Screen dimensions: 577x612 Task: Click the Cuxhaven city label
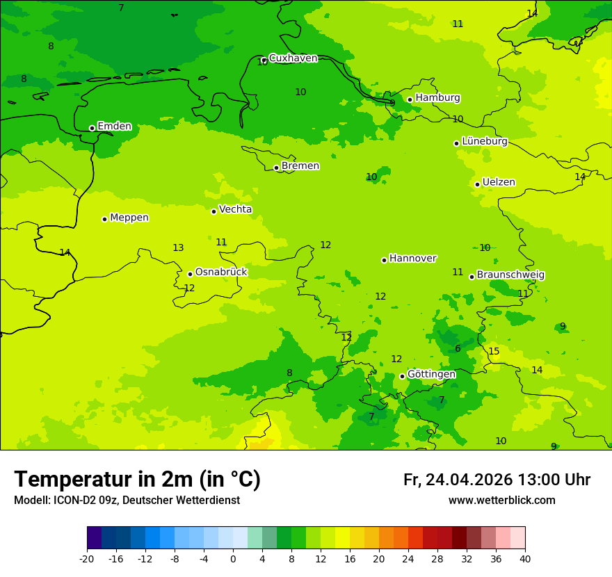coord(293,58)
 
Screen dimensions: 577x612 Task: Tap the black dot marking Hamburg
coord(410,99)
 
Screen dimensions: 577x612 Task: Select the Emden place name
coord(114,127)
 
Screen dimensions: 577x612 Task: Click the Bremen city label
coord(300,166)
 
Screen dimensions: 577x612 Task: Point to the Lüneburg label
coord(484,141)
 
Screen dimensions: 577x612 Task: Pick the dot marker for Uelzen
coord(477,184)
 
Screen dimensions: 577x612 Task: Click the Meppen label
coord(129,218)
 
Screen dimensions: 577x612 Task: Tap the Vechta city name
coord(235,209)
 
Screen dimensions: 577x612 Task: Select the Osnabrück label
coord(220,273)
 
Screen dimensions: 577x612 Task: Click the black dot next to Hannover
coord(384,260)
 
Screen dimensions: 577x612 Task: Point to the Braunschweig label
coord(510,275)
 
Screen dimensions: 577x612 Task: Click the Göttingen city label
coord(431,375)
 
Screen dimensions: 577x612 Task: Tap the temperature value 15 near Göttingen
coord(494,352)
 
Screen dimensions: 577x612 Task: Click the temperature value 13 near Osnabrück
coord(178,248)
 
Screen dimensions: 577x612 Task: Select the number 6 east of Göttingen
coord(458,349)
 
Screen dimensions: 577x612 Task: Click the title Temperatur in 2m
coord(137,480)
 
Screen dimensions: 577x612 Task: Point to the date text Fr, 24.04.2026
coord(458,480)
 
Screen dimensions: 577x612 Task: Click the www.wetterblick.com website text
coord(501,501)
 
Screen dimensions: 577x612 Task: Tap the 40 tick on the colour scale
coord(525,559)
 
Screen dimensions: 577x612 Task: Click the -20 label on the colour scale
coord(86,559)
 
